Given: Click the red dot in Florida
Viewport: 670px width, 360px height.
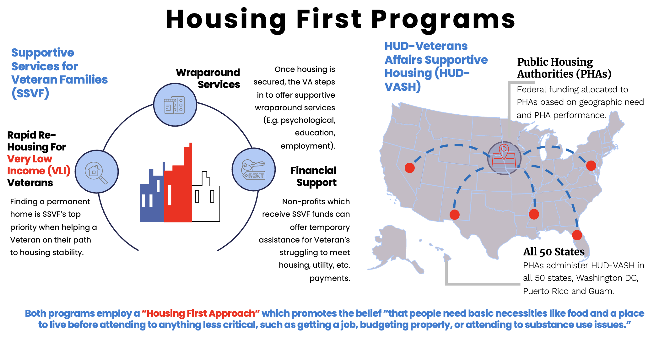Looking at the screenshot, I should click(x=577, y=235).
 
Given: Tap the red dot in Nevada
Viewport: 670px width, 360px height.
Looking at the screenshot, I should click(x=409, y=168).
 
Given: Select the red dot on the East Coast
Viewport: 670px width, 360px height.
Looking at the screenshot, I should click(x=591, y=166).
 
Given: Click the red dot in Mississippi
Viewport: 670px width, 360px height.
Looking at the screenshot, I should click(x=534, y=214).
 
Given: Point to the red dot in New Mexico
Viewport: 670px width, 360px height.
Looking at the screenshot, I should click(x=454, y=215).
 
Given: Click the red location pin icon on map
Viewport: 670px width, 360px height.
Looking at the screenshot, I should click(x=504, y=152).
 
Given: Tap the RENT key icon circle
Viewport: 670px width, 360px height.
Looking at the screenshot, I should click(x=253, y=170).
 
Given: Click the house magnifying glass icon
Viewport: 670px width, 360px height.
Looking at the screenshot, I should click(x=96, y=172).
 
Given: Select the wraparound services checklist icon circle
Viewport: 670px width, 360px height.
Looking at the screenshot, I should click(x=175, y=105).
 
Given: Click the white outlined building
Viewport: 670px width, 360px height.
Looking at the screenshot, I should click(x=206, y=201).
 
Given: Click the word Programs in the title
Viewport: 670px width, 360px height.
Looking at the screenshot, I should click(x=443, y=19).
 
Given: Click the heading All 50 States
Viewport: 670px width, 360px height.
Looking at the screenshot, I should click(x=554, y=252).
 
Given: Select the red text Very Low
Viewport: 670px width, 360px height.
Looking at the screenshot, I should click(x=30, y=159).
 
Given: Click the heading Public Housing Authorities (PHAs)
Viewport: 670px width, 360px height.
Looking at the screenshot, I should click(x=564, y=68).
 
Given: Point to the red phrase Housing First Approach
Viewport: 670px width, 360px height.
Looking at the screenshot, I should click(x=201, y=314).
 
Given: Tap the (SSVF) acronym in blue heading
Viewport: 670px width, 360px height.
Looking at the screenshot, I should click(x=30, y=93).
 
